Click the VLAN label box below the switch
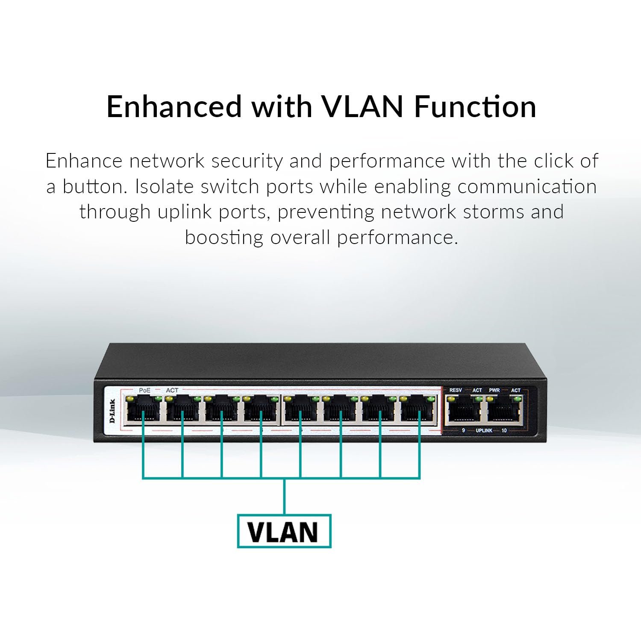284,531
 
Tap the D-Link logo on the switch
112,411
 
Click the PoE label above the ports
144,390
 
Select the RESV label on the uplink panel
456,390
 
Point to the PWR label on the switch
494,390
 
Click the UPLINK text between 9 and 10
484,430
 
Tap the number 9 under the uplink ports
463,430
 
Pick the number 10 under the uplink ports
504,430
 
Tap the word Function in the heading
475,107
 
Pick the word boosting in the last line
224,237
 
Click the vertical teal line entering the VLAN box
284,497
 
